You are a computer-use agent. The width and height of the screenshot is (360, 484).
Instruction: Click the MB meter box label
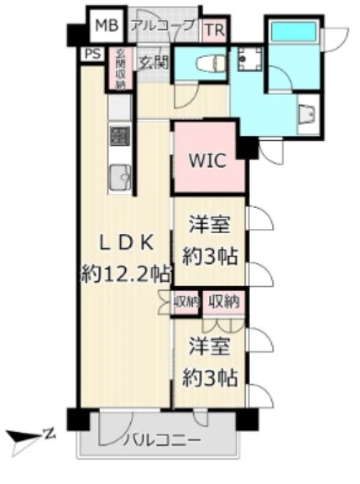pyautogui.click(x=107, y=25)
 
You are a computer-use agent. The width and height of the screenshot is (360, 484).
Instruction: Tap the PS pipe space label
pyautogui.click(x=92, y=55)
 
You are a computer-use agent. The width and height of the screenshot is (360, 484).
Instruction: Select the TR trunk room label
pyautogui.click(x=215, y=30)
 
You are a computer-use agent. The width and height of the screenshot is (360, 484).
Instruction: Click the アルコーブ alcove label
pyautogui.click(x=163, y=25)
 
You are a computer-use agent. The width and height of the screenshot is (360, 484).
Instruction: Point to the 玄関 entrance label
pyautogui.click(x=153, y=63)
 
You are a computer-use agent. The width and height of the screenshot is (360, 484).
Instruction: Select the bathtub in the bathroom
pyautogui.click(x=294, y=31)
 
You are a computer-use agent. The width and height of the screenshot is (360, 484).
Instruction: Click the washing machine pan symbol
pyautogui.click(x=250, y=59)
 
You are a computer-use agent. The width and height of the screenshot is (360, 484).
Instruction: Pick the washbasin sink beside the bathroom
pyautogui.click(x=307, y=113)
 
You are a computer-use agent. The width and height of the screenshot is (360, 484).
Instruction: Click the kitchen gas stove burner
pyautogui.click(x=119, y=136)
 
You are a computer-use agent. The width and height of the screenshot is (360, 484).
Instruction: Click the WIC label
pyautogui.click(x=207, y=160)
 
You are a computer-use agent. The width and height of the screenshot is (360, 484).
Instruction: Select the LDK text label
pyautogui.click(x=126, y=243)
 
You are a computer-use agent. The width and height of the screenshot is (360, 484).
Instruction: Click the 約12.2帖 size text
pyautogui.click(x=126, y=273)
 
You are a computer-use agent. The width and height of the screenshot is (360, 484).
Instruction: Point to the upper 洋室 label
pyautogui.click(x=210, y=226)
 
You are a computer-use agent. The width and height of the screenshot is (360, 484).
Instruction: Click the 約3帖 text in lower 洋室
pyautogui.click(x=211, y=377)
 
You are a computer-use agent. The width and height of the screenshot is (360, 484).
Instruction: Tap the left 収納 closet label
pyautogui.click(x=185, y=302)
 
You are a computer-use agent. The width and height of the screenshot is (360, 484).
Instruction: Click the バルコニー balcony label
pyautogui.click(x=162, y=439)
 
